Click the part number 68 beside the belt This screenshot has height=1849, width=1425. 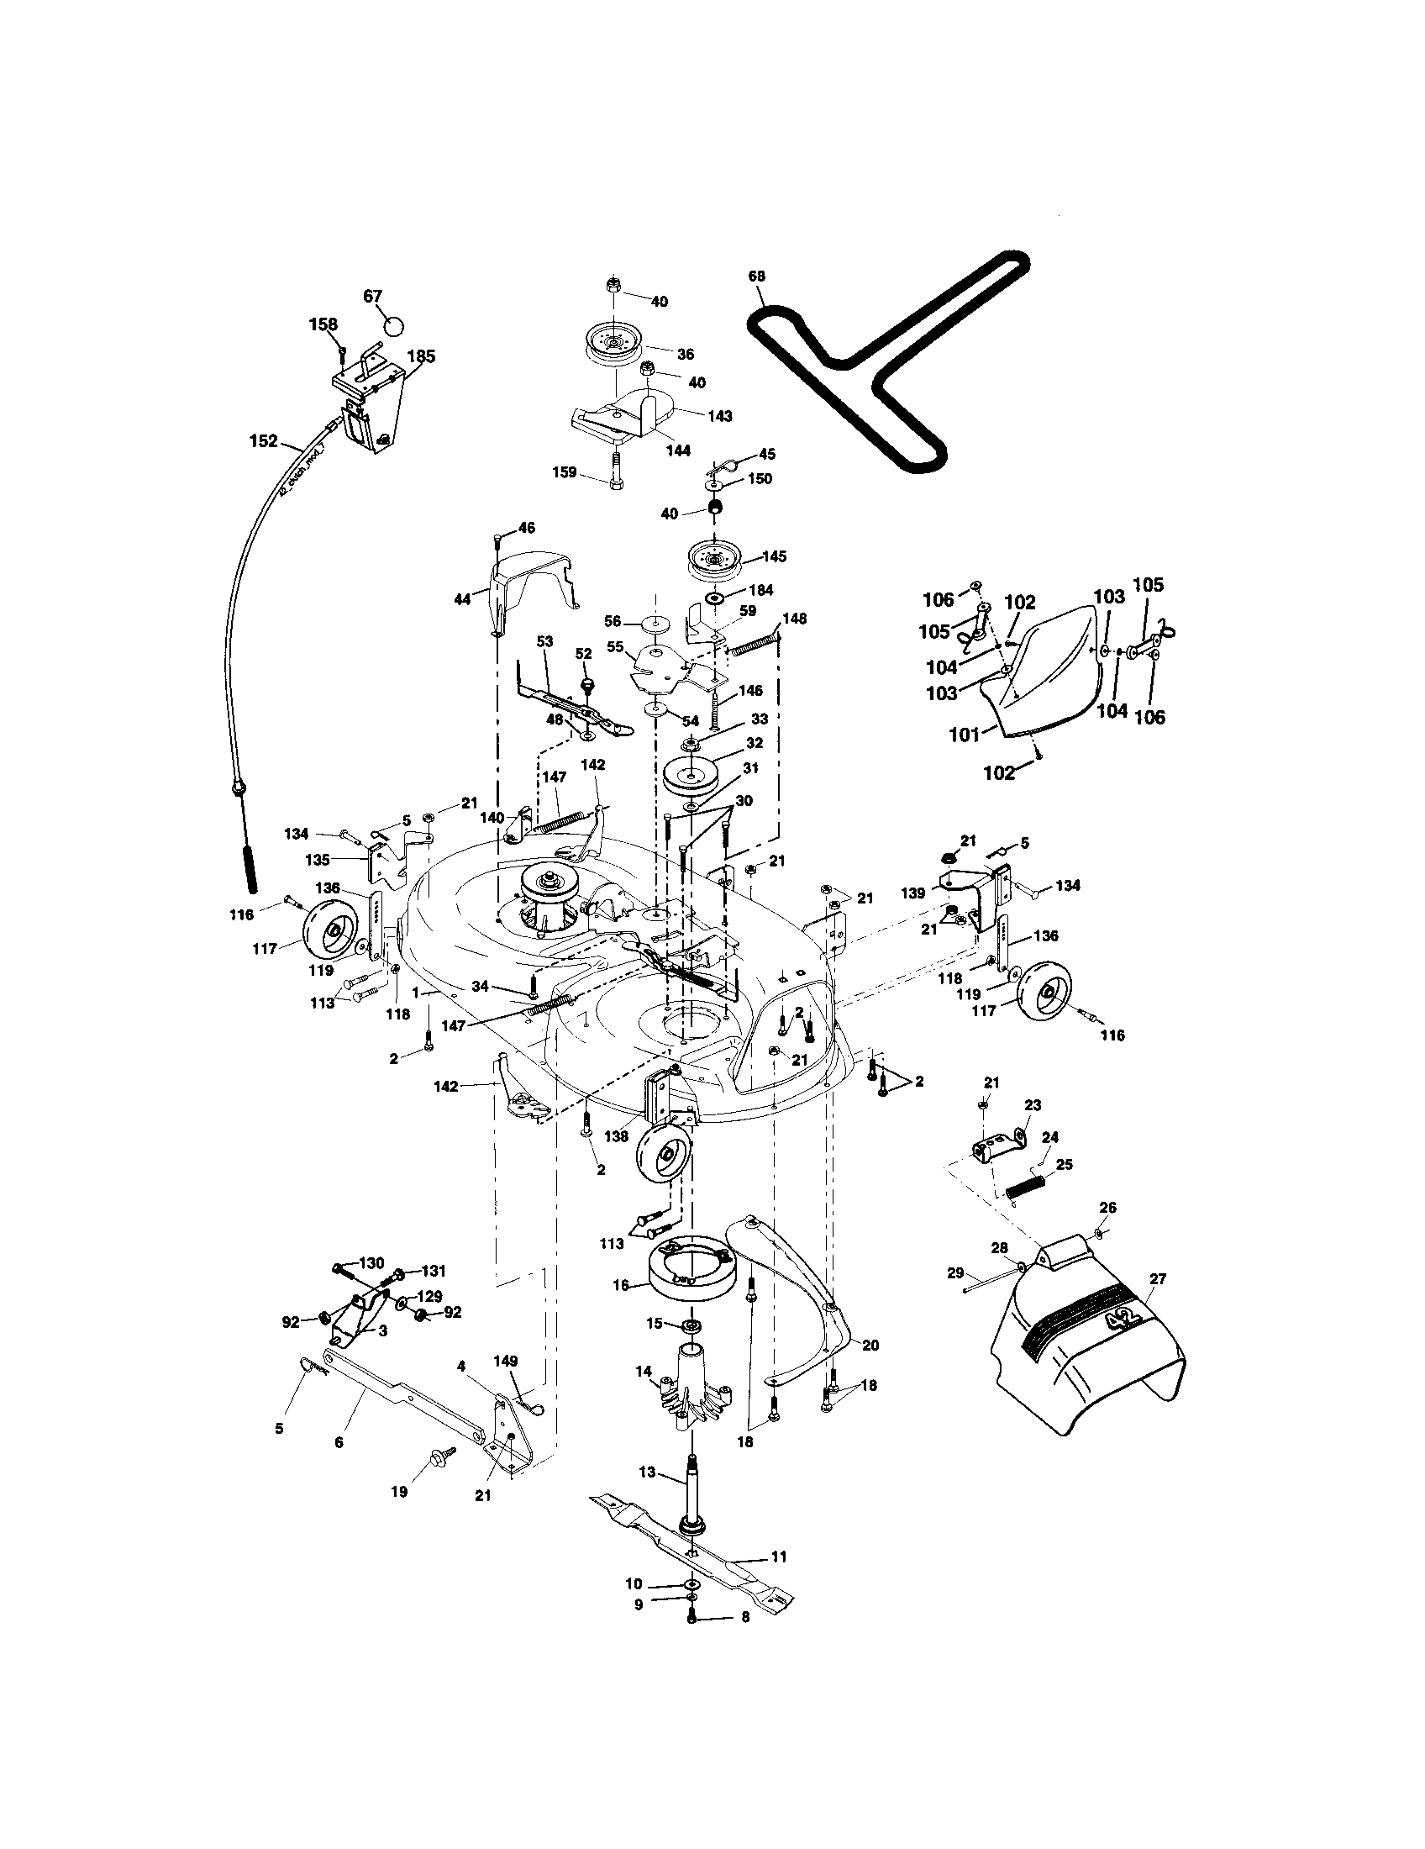pos(756,276)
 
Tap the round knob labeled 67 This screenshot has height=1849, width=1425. pos(393,325)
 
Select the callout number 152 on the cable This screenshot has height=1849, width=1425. pos(263,440)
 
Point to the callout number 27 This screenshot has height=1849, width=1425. pos(1157,1278)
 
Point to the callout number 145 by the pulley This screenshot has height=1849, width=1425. pos(774,556)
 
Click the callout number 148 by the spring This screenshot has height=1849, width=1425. pos(794,618)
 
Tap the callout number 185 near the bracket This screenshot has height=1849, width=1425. pos(421,356)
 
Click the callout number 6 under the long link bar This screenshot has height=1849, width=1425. pos(339,1441)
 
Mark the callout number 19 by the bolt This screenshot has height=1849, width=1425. pos(398,1491)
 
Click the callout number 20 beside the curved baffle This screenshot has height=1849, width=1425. pos(869,1345)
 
